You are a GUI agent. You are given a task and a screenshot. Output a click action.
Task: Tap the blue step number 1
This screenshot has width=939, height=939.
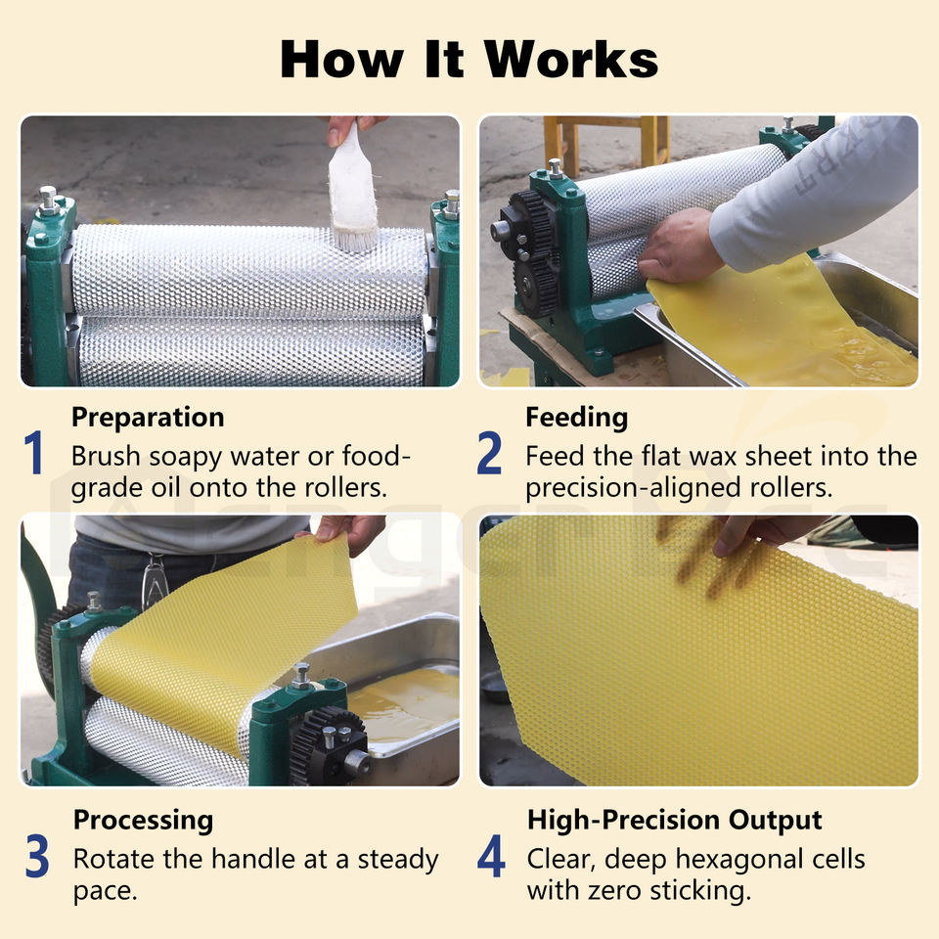[x=33, y=452]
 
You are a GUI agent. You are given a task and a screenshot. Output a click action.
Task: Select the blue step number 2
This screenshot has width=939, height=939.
[x=489, y=452]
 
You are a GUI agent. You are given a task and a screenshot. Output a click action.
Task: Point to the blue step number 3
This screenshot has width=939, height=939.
[x=37, y=856]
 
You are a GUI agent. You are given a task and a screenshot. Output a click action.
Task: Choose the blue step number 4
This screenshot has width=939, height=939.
[x=491, y=856]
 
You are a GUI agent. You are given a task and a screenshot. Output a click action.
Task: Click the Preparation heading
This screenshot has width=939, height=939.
[x=148, y=418]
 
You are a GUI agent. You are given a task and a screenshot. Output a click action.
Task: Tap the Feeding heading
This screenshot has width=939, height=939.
[x=577, y=418]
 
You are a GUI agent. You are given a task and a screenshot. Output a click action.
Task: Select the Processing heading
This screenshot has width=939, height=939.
[x=143, y=821]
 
